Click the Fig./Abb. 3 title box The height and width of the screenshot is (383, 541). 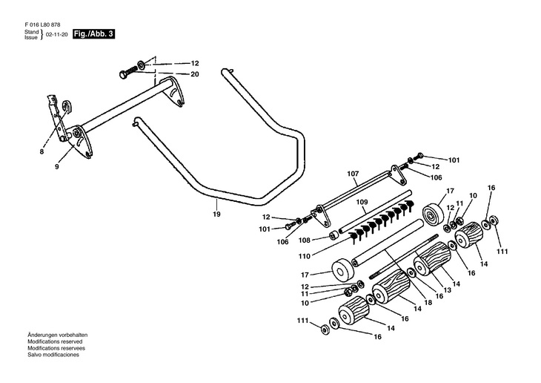pos(93,34)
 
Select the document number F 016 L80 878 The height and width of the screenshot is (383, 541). pos(42,25)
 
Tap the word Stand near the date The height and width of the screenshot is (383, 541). pos(31,32)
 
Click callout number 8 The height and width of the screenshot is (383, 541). pos(42,151)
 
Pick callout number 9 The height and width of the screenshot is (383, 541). pos(57,166)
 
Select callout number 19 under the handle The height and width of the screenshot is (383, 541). pos(216,214)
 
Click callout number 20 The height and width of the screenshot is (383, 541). pos(195,74)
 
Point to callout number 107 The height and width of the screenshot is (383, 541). pos(353,174)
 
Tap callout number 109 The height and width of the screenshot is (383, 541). pos(362,202)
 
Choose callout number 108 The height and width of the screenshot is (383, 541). pos(305,240)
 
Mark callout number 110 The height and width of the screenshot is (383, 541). pos(305,256)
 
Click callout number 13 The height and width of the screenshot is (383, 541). pos(447,290)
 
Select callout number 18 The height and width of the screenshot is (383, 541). pos(428,302)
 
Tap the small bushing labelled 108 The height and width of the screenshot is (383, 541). pos(333,236)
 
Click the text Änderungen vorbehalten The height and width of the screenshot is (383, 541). pos(58,335)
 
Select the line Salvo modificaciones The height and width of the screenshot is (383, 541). pos(53,355)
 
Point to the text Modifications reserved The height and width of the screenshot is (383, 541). pos(55,341)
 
